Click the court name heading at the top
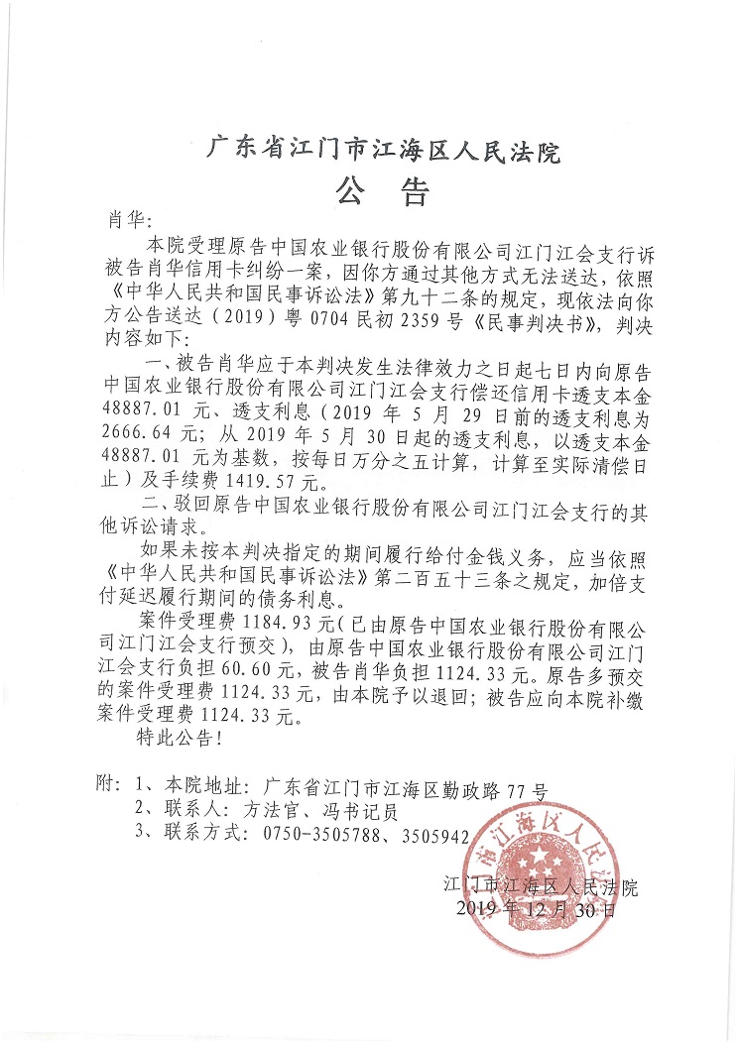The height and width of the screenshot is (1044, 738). click(x=382, y=152)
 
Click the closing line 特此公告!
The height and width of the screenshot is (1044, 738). click(x=184, y=741)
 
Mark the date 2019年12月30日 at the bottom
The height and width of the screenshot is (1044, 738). click(x=537, y=908)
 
